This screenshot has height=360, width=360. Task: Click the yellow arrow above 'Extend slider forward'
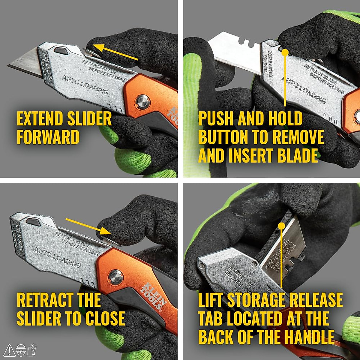click(115, 53)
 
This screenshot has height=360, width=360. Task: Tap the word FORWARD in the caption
click(48, 137)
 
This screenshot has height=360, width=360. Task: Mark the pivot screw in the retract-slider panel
click(115, 277)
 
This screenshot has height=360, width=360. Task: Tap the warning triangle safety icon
click(10, 350)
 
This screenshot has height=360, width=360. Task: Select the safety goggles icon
click(21, 350)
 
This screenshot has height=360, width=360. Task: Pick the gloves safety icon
click(31, 350)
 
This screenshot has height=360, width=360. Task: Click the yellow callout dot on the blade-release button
click(285, 52)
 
